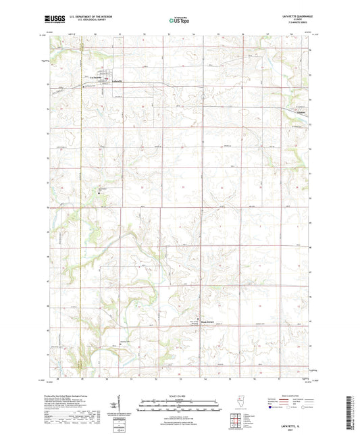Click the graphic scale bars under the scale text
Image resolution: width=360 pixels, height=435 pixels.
click(x=180, y=404)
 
